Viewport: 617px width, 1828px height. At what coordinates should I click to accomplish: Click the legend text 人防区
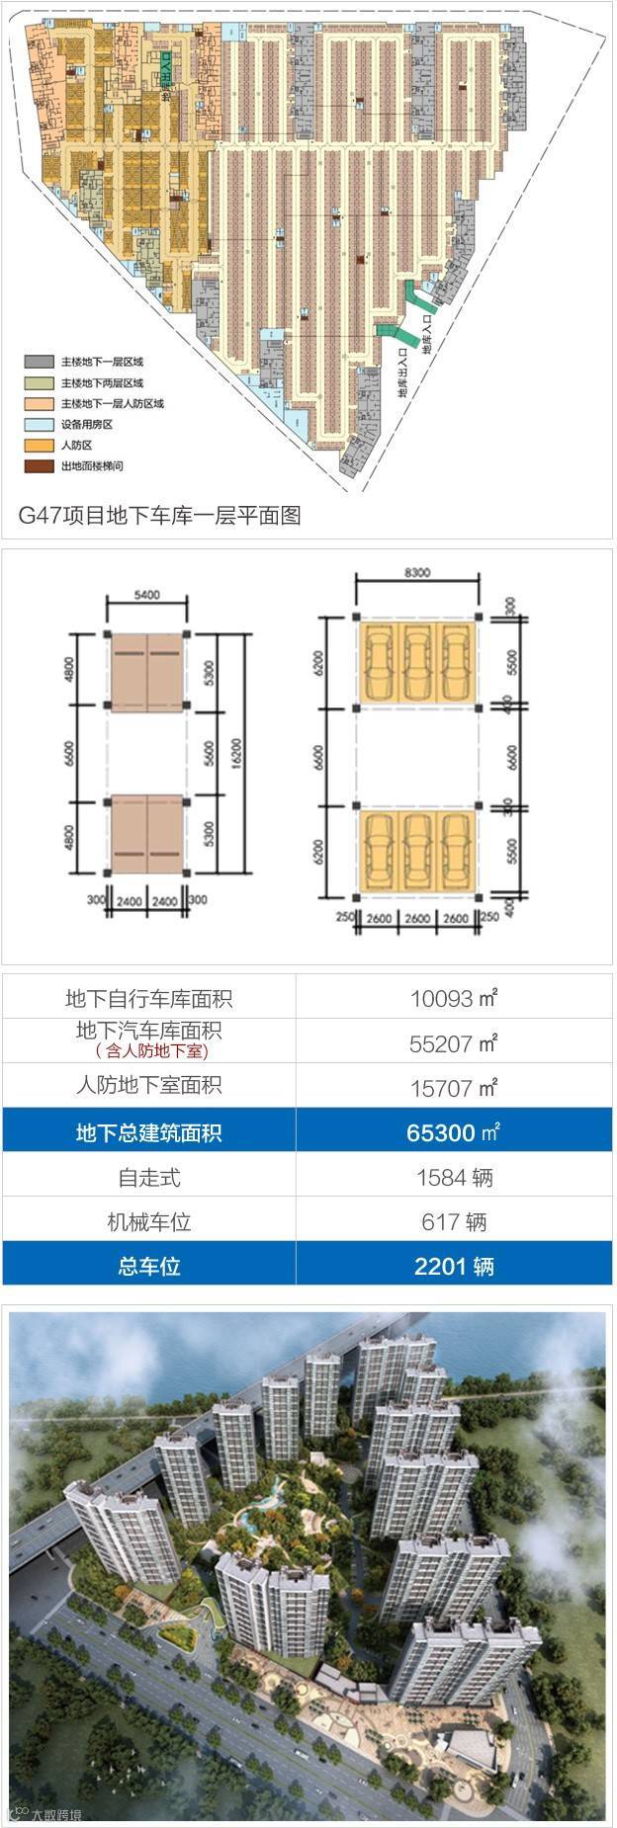[76, 445]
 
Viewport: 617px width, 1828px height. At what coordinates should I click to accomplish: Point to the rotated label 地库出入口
[403, 373]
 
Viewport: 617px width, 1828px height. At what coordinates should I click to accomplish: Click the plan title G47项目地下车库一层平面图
[159, 514]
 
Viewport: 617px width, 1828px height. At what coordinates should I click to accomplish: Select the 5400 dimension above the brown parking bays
[147, 596]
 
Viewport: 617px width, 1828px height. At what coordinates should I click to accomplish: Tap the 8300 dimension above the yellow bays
[416, 571]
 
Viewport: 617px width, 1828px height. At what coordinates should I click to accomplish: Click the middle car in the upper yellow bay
[416, 660]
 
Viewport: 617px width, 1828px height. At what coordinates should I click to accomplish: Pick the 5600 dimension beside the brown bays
[208, 753]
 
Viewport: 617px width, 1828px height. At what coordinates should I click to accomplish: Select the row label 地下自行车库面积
[148, 998]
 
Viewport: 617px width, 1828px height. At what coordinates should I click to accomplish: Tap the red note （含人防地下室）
[148, 1051]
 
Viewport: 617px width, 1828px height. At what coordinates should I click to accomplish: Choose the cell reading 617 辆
[454, 1222]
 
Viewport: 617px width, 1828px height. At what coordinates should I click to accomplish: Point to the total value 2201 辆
[454, 1266]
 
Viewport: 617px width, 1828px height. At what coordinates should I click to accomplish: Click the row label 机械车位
[148, 1222]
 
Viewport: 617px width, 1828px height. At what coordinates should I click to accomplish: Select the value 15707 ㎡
[454, 1088]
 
